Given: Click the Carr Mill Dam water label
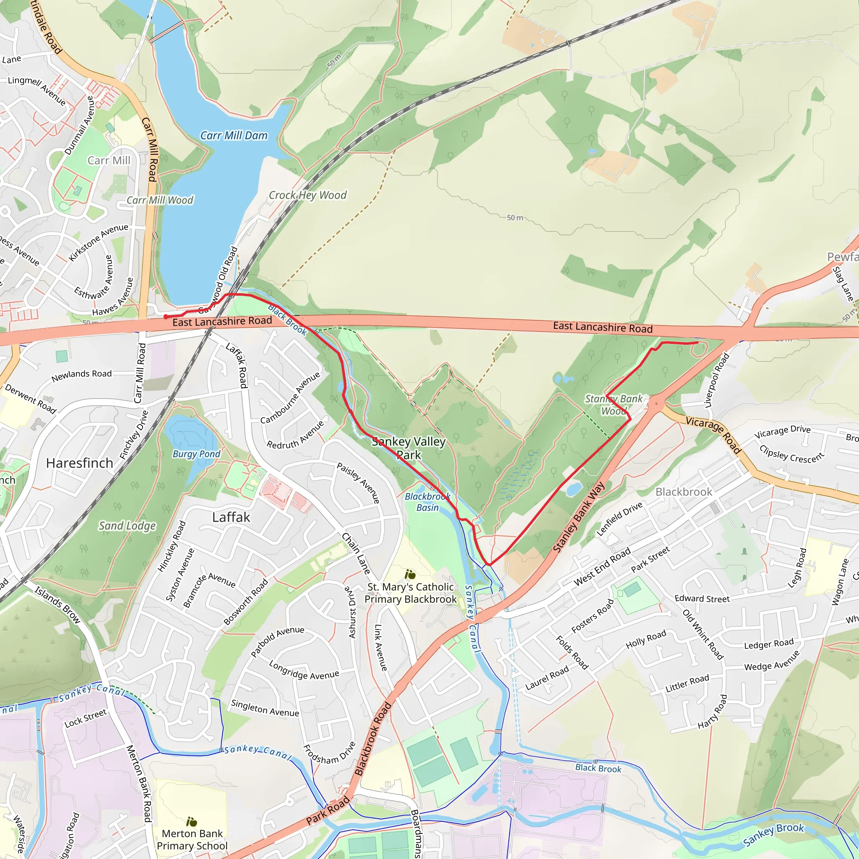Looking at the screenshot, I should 234,135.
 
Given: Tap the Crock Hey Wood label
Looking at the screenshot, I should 308,195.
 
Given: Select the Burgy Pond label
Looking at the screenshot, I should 196,454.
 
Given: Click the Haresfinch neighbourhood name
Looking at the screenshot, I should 80,463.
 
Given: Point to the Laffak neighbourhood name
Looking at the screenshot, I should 231,517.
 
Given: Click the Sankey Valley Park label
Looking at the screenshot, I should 409,448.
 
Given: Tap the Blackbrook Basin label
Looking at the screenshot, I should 427,502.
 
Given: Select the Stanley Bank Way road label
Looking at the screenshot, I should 578,517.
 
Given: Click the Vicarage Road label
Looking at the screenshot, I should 713,435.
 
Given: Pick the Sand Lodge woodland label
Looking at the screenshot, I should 127,526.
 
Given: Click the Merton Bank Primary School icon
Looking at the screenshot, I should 192,822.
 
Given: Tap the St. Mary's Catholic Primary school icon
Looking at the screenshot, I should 410,575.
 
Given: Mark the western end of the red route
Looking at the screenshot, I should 165,317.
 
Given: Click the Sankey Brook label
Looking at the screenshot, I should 773,835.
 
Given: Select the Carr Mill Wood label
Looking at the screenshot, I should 160,200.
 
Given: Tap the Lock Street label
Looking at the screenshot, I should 86,718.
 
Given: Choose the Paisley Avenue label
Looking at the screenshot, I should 358,483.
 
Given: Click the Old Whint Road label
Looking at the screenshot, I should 703,635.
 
